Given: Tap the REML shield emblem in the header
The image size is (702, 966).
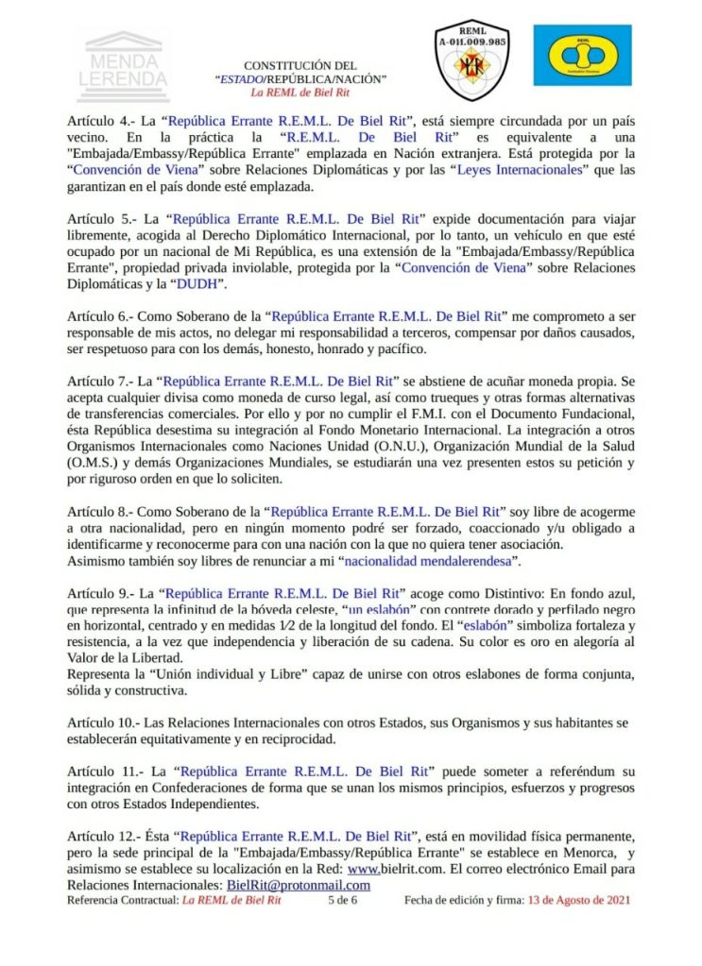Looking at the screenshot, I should coord(471,60).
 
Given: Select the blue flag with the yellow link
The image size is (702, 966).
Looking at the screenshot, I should coord(582,56).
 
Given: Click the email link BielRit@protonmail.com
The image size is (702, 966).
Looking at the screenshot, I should coord(299,885).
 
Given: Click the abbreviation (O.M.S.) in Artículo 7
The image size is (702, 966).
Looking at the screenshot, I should coord(100,463).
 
